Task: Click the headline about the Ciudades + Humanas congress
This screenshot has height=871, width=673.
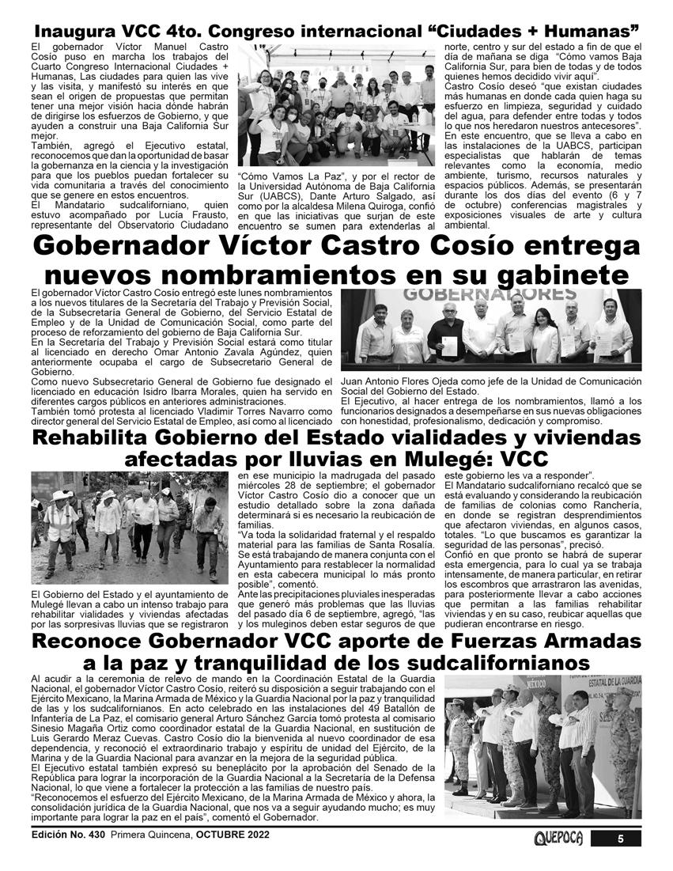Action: (336, 32)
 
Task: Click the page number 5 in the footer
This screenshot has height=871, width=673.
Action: (621, 839)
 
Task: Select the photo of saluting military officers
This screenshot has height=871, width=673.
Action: (542, 748)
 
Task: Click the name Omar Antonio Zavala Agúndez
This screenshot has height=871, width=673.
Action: (241, 354)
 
